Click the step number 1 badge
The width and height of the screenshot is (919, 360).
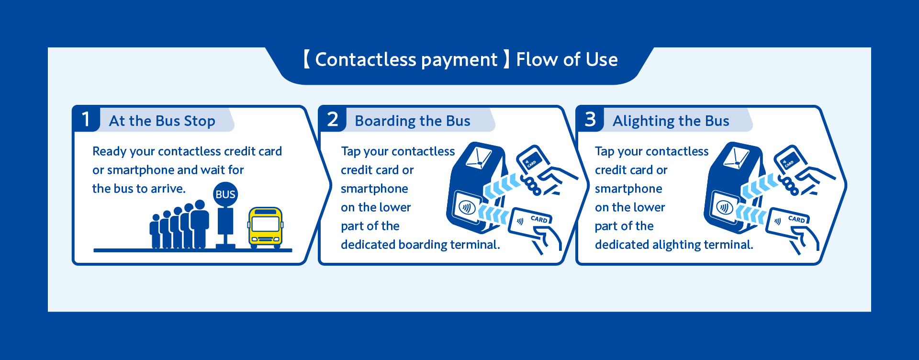tap(86, 119)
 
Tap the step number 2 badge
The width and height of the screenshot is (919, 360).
tap(333, 119)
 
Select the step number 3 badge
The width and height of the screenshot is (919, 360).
tap(590, 119)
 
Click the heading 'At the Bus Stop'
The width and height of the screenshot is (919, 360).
tap(162, 121)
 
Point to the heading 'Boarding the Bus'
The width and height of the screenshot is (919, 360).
tap(413, 121)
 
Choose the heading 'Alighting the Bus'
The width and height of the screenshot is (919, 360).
tap(671, 121)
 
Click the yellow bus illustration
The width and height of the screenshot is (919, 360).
tap(265, 228)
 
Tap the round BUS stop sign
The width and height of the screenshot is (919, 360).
tap(225, 194)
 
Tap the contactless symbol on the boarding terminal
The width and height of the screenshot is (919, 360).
tap(467, 207)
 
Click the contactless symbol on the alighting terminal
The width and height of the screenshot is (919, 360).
tap(725, 207)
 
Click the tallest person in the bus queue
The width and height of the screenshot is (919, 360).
tap(200, 224)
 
